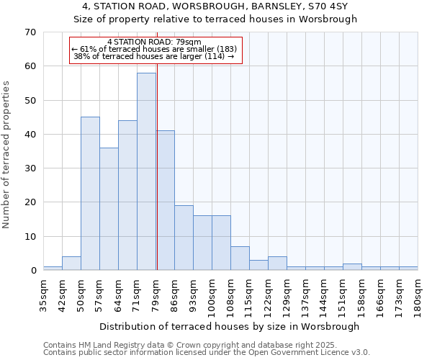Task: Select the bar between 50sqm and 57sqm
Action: coord(90,194)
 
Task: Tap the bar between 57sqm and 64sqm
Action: coord(109,209)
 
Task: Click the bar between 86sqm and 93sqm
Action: coord(184,238)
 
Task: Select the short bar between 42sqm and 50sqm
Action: coord(71,264)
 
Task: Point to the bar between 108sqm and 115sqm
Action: coord(240,258)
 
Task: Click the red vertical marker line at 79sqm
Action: coord(156,158)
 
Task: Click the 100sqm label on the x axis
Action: coord(212,296)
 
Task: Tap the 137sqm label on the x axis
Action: coord(305,296)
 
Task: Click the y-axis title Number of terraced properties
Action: coord(6,155)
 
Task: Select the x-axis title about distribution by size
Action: coord(229,326)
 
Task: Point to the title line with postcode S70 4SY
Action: coord(215,6)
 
